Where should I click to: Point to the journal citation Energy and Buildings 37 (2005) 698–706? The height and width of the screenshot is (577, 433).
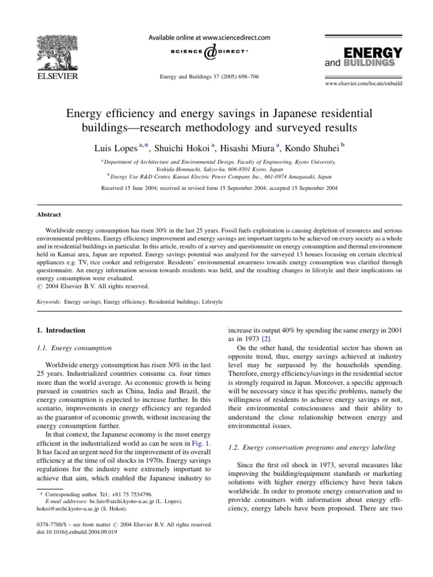tap(210, 77)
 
